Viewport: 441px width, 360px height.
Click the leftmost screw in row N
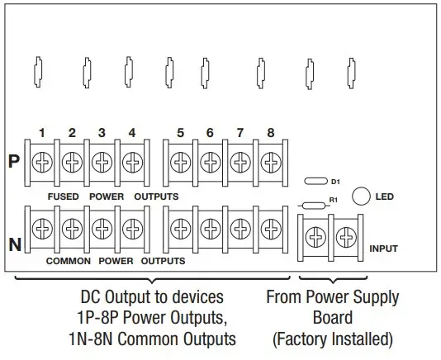(41, 227)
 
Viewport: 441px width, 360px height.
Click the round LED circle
(361, 197)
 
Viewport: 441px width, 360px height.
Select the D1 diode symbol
(315, 180)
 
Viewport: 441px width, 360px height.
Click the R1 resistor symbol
(314, 204)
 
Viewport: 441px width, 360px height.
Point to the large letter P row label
(14, 161)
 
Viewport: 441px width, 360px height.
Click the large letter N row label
(14, 244)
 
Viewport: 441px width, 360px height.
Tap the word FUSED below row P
(63, 197)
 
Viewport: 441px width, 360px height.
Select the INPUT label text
(384, 248)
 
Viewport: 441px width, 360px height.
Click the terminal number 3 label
(102, 132)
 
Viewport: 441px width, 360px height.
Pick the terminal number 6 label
(210, 132)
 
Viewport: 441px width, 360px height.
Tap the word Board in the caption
(333, 317)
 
